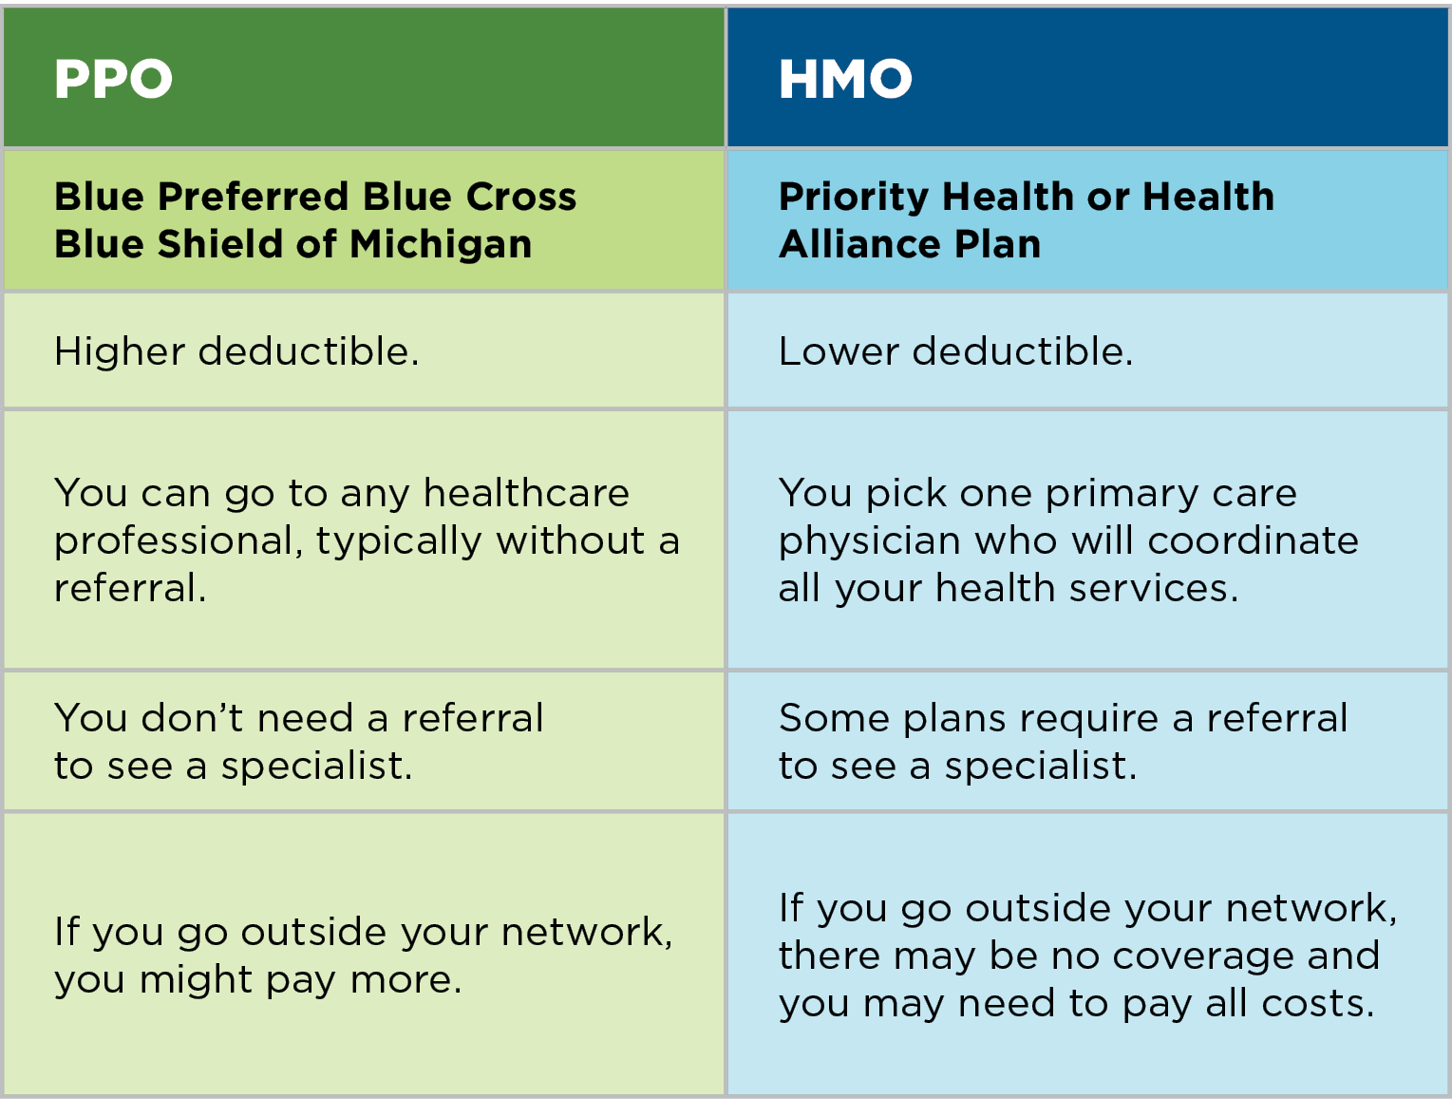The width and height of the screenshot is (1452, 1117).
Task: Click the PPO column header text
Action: pyautogui.click(x=113, y=79)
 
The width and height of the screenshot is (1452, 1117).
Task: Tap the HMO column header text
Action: pyautogui.click(x=845, y=79)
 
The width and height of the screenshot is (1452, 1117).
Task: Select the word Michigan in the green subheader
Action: pyautogui.click(x=441, y=245)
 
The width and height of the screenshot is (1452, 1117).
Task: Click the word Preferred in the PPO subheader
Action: pyautogui.click(x=253, y=197)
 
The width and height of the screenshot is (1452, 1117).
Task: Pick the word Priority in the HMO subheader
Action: pyautogui.click(x=854, y=198)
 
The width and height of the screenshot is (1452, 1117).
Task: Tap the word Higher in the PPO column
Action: pyautogui.click(x=119, y=351)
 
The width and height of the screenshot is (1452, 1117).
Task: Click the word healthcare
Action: pyautogui.click(x=526, y=494)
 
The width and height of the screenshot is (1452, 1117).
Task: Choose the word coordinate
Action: pyautogui.click(x=1253, y=540)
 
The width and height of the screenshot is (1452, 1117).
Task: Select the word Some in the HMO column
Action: pyautogui.click(x=833, y=718)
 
